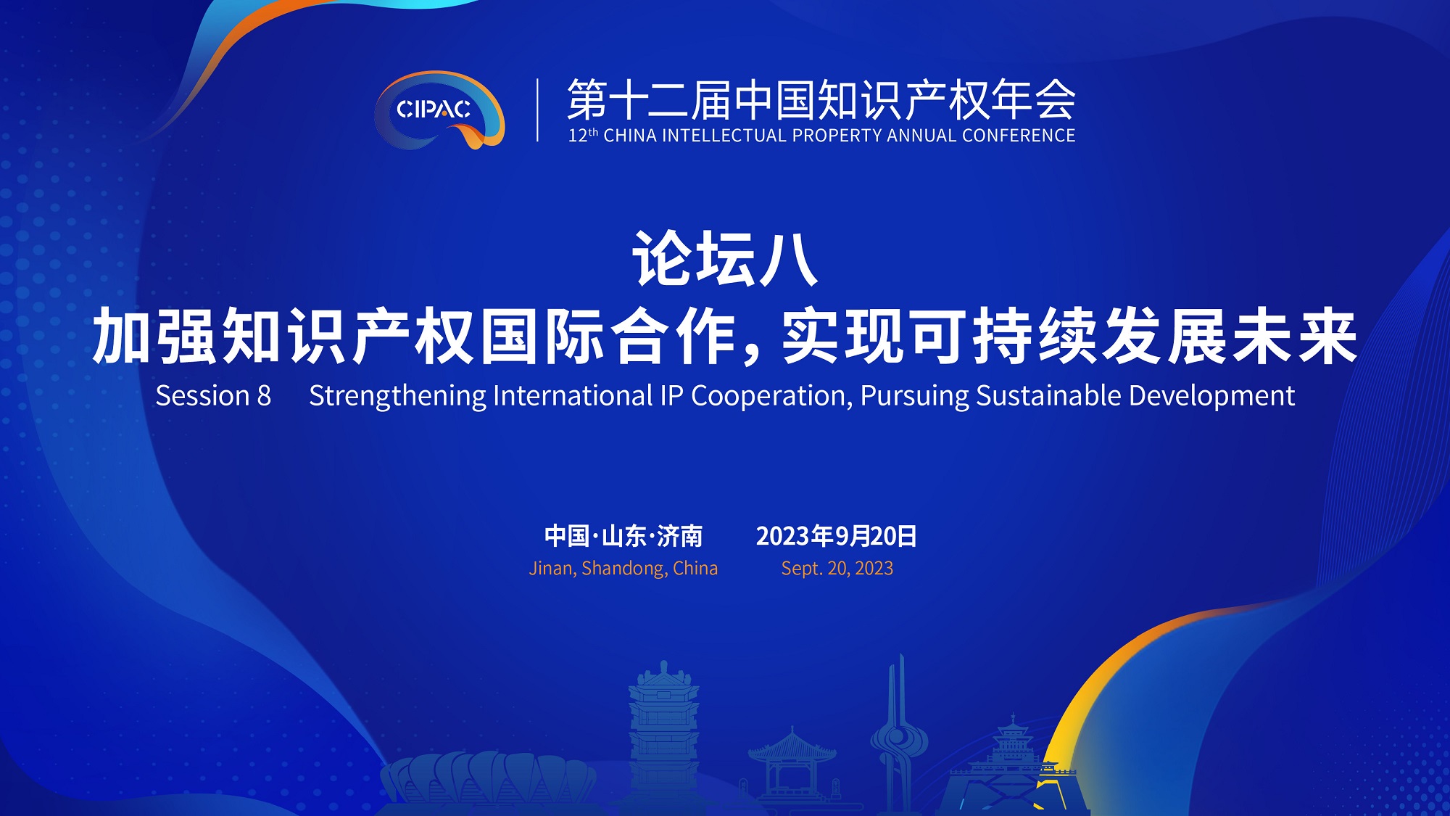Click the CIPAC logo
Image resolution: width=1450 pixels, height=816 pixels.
pyautogui.click(x=439, y=110)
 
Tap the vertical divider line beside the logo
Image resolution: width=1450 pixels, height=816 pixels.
pyautogui.click(x=537, y=110)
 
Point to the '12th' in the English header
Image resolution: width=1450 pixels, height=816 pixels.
pyautogui.click(x=583, y=136)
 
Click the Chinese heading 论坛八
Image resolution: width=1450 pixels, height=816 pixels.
pyautogui.click(x=725, y=258)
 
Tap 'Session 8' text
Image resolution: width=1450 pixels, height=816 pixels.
pyautogui.click(x=213, y=396)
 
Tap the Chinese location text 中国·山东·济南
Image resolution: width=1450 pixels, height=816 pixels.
pyautogui.click(x=623, y=536)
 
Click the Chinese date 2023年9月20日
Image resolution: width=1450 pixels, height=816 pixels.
pyautogui.click(x=837, y=536)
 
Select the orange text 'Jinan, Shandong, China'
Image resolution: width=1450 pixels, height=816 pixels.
pyautogui.click(x=623, y=568)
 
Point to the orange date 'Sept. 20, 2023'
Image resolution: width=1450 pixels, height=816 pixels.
pyautogui.click(x=837, y=568)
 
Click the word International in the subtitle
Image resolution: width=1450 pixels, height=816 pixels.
pyautogui.click(x=573, y=396)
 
